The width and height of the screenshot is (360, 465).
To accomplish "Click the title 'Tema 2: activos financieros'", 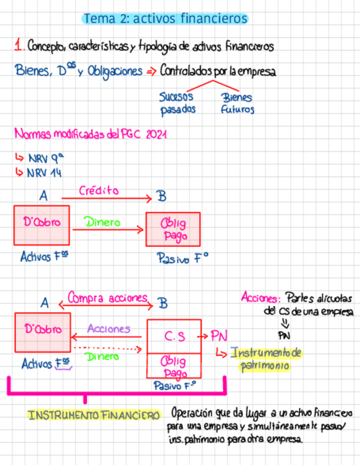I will (165, 19).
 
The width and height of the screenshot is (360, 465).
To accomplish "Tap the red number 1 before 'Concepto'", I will (19, 46).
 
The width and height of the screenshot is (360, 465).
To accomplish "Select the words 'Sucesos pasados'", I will (177, 103).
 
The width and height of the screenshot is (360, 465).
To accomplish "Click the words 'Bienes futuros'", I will (237, 103).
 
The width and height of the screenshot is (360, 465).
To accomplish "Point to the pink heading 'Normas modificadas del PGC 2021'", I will (91, 134).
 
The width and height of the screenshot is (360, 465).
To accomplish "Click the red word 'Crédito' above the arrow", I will (98, 190).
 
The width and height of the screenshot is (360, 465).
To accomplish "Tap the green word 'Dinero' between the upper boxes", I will (102, 223).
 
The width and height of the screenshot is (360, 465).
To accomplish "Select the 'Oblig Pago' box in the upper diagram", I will (172, 230).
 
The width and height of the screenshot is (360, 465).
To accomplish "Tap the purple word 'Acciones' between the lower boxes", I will (108, 329).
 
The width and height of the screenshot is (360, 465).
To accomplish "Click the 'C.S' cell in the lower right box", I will (174, 336).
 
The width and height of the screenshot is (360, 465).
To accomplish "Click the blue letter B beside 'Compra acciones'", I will (162, 303).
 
